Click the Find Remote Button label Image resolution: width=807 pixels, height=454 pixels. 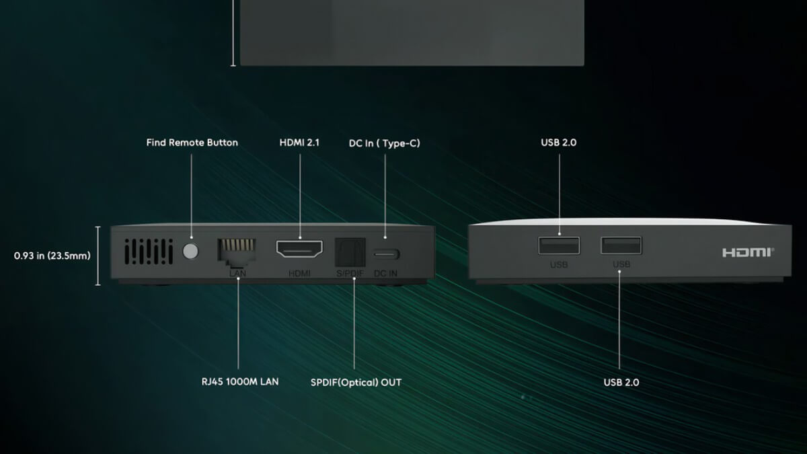click(192, 143)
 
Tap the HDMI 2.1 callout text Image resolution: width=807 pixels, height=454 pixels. click(299, 143)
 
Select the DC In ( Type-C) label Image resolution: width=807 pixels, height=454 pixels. click(385, 143)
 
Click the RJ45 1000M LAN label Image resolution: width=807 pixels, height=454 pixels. click(240, 381)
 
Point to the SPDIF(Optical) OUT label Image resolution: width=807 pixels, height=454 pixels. click(356, 382)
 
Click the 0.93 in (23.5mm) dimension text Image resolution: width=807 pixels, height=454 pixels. click(52, 256)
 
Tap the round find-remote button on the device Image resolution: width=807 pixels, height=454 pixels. click(190, 251)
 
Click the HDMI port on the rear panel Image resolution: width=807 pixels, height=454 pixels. click(299, 249)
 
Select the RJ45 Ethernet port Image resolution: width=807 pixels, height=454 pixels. click(237, 251)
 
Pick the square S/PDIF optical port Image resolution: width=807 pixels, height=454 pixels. click(350, 252)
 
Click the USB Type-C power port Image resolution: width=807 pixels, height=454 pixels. click(386, 254)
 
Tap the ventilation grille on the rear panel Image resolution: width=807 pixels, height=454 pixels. click(149, 251)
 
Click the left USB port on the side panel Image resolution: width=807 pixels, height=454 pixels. click(559, 245)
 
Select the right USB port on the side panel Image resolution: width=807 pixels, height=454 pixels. click(621, 245)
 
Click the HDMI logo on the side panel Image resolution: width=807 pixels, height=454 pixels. click(748, 253)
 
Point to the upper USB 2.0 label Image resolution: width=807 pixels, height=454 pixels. click(559, 143)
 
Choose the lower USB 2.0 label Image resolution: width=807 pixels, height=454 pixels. click(621, 382)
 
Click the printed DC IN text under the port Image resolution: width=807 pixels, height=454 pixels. click(385, 274)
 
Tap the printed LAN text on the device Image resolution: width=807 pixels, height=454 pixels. click(238, 274)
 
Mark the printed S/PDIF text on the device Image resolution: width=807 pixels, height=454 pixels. click(350, 274)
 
